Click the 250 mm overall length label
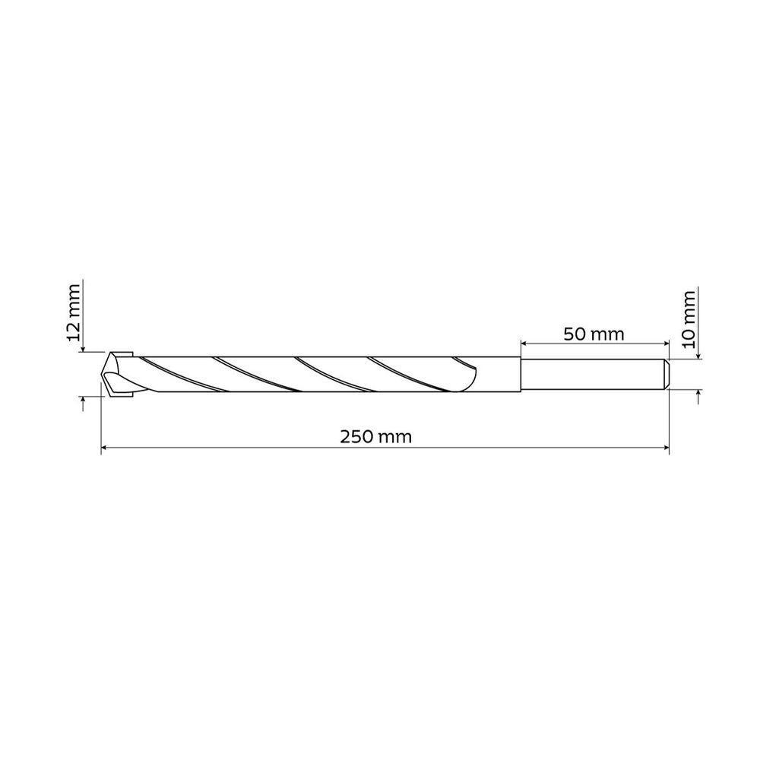click(375, 437)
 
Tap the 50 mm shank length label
click(594, 334)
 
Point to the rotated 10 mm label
click(689, 318)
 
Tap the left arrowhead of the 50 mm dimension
click(525, 344)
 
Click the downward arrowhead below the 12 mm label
click(82, 347)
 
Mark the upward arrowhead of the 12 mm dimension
click(82, 400)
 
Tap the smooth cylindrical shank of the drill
click(593, 374)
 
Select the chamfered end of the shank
click(666, 374)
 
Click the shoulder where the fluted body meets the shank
click(521, 374)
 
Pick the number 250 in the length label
click(356, 437)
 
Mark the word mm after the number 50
click(610, 334)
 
